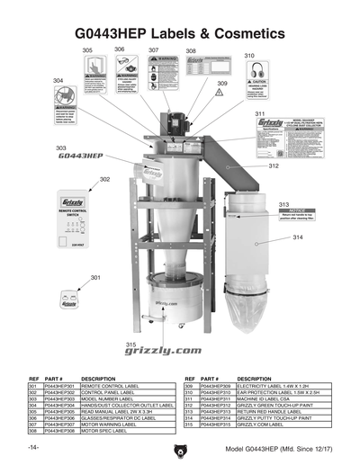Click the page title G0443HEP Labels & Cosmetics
pyautogui.click(x=180, y=33)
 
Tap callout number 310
pyautogui.click(x=249, y=55)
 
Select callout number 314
pyautogui.click(x=297, y=237)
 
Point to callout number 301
pyautogui.click(x=94, y=278)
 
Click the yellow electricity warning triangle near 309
pyautogui.click(x=221, y=98)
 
